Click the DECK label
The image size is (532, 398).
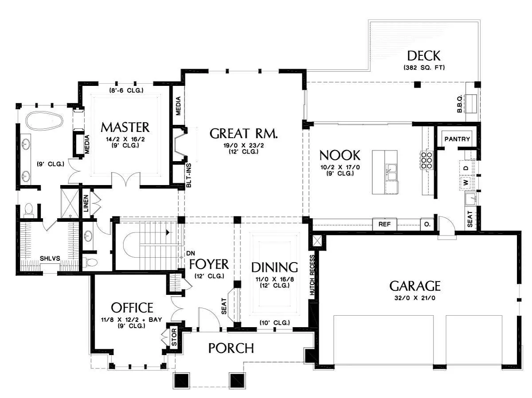[423, 56]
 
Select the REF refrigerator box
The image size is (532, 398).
[384, 224]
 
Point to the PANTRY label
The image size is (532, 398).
[457, 139]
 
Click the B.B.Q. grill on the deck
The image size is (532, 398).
[470, 104]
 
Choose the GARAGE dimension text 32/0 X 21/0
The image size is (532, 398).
[415, 298]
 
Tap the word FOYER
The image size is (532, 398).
[209, 264]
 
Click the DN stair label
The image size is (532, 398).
[191, 253]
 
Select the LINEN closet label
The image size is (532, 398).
[86, 204]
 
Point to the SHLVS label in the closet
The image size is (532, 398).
[50, 259]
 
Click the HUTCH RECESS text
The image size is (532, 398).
[312, 275]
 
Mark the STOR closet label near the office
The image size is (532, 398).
[174, 337]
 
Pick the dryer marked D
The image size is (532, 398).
[465, 168]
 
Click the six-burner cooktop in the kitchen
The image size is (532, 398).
[426, 160]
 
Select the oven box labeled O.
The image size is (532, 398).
[427, 224]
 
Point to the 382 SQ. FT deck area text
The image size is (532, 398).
[424, 67]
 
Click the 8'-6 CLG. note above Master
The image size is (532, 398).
[126, 90]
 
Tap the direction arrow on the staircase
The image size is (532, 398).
[168, 232]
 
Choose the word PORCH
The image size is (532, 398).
[231, 348]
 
